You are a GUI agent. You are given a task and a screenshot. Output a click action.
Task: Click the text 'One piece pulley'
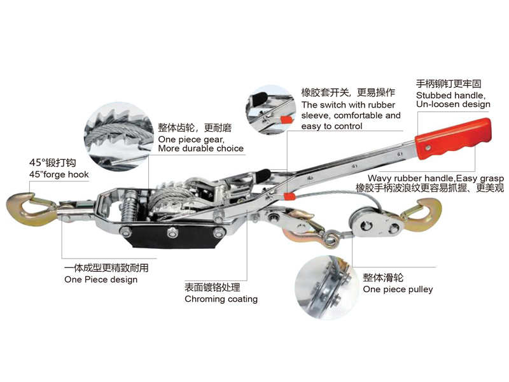click(398, 289)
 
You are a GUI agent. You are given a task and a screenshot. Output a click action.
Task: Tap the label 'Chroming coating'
click(221, 299)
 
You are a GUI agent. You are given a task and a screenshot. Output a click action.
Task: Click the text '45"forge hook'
click(59, 174)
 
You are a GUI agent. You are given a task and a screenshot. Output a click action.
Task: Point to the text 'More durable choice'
click(200, 148)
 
